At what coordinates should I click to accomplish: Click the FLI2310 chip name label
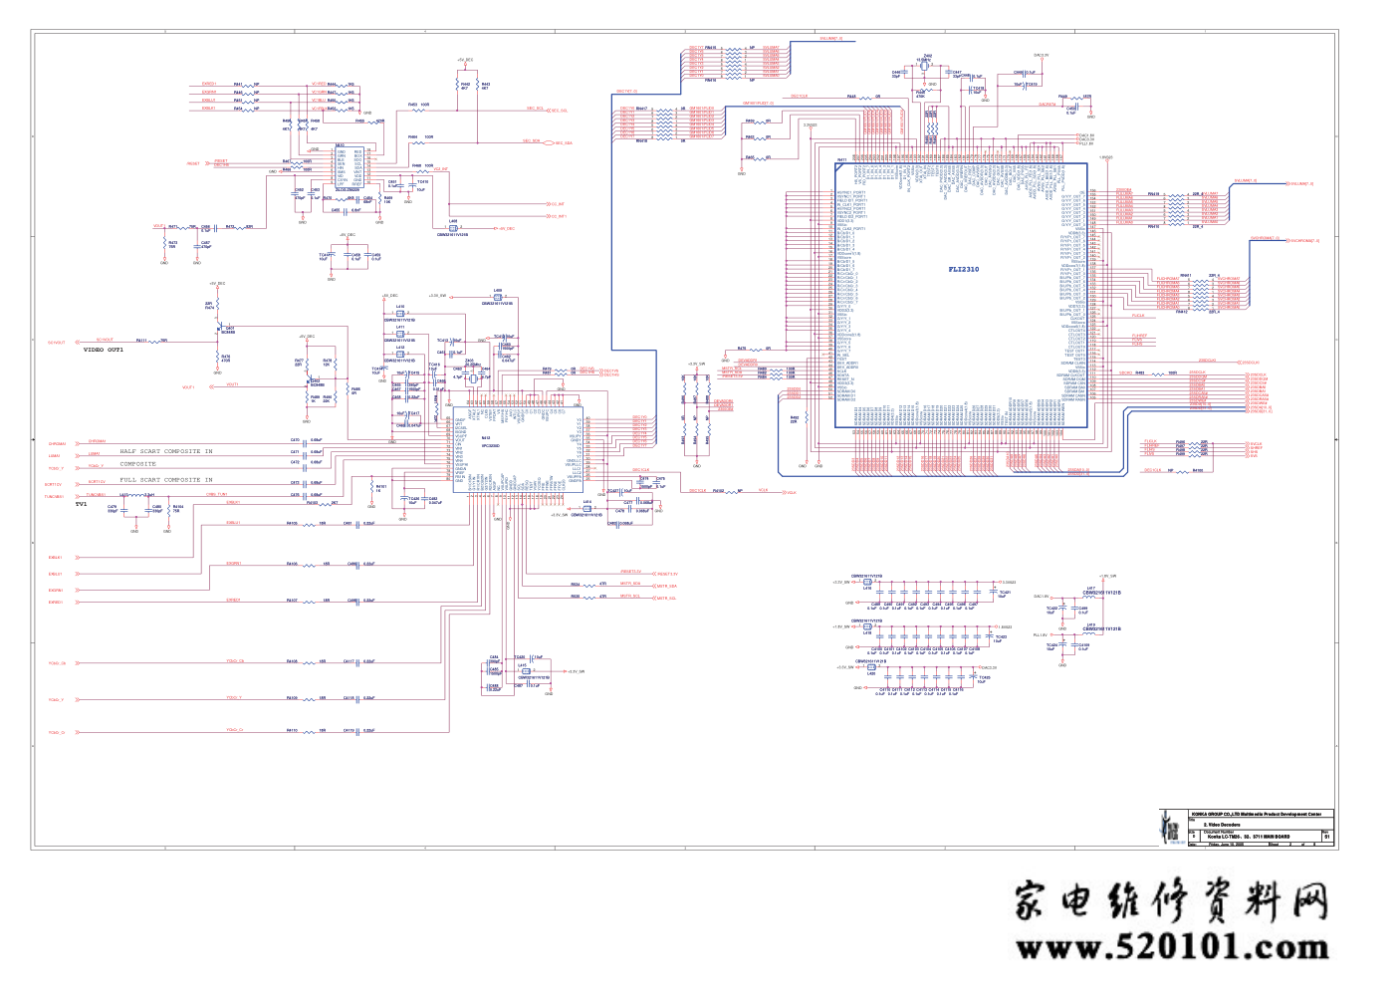coord(963,269)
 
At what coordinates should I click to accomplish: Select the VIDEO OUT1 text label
coord(104,351)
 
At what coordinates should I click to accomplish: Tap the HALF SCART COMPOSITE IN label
coord(166,451)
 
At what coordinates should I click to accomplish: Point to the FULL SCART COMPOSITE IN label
coord(166,480)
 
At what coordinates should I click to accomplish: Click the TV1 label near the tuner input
coord(82,505)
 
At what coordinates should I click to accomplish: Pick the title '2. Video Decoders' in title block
coord(1222,825)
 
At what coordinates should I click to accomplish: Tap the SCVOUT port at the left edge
coord(57,343)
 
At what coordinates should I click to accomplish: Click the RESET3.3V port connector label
coord(666,574)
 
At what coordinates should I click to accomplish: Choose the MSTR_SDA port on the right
coord(665,586)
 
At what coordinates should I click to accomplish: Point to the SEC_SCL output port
coord(561,111)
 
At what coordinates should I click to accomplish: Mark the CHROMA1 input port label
coord(57,444)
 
